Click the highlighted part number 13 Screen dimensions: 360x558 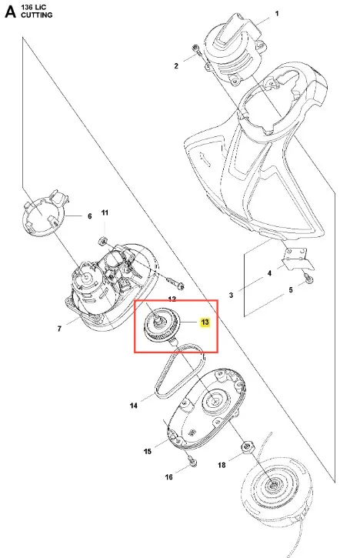[205, 322]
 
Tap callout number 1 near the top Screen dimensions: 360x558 [277, 14]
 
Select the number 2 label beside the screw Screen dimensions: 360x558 [176, 66]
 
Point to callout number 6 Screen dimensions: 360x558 [90, 216]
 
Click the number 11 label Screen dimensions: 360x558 [105, 212]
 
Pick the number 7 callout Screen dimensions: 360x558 [59, 329]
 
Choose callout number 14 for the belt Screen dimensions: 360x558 [133, 406]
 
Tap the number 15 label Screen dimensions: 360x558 [147, 451]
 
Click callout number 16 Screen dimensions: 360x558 [168, 477]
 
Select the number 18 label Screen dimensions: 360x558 [222, 465]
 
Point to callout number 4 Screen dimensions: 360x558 [269, 273]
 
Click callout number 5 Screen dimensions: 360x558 [291, 289]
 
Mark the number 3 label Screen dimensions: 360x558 [232, 295]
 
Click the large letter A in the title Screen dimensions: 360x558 [10, 12]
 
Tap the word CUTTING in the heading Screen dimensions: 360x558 [36, 15]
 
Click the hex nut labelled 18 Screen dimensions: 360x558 [247, 446]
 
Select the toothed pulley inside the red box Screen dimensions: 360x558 [162, 326]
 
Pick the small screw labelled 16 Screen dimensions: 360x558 [192, 463]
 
